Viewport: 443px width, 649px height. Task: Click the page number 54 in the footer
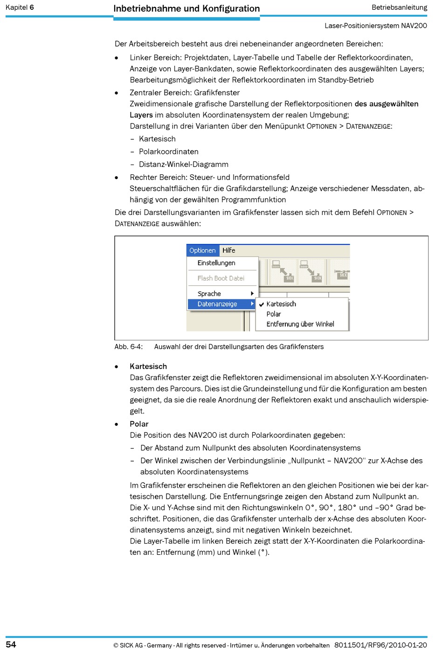pos(11,644)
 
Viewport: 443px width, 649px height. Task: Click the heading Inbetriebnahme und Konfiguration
pos(187,8)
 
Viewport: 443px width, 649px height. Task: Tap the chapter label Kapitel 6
pos(20,7)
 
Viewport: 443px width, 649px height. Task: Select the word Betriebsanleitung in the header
pos(399,7)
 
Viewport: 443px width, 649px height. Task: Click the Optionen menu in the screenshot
pos(202,250)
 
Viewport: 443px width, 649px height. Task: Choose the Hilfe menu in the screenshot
pos(228,250)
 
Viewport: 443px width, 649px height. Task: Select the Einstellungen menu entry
pos(216,263)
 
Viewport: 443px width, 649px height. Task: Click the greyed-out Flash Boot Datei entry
pos(221,278)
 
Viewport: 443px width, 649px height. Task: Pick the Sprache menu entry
pos(209,294)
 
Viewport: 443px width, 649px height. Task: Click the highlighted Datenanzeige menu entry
pos(217,304)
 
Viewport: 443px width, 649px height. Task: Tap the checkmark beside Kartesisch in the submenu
pos(262,304)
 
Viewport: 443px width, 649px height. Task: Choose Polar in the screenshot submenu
pos(274,314)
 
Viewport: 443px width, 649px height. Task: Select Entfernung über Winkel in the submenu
pos(300,324)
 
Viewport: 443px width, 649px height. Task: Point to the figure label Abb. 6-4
pos(129,347)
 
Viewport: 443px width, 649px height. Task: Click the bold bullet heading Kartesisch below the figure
pos(148,366)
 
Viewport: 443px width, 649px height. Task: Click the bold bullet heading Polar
pos(139,424)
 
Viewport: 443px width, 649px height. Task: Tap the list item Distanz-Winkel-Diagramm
pos(184,164)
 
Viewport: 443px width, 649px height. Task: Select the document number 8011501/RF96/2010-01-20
pos(381,645)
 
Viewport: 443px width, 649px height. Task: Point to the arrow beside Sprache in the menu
pos(252,294)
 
